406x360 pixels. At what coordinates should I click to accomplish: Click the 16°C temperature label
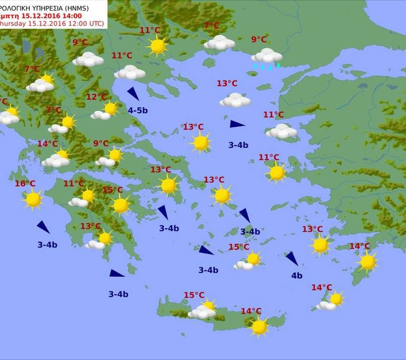point(25,184)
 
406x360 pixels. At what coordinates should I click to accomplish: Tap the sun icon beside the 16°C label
point(33,199)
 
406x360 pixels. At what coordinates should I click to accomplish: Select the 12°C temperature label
point(96,97)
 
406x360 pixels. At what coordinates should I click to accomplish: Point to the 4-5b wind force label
point(138,110)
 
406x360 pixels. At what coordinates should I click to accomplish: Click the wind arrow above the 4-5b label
point(133,94)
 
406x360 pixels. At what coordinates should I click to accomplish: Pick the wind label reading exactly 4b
point(297,276)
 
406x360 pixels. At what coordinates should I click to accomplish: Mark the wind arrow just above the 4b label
point(292,258)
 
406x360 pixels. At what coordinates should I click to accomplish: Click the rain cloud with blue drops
point(267,57)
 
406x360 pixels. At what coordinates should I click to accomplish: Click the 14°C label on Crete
point(251,311)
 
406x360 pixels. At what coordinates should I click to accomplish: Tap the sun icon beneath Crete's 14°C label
point(259,326)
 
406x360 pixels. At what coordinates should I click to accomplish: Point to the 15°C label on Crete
point(194,295)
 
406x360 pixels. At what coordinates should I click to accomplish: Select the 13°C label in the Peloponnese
point(91,226)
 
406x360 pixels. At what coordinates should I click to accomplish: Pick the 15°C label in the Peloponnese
point(112,190)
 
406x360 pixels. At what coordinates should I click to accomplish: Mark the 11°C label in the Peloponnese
point(73,184)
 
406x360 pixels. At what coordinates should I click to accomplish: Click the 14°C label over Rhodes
point(359,246)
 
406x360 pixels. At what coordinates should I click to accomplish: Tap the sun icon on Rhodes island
point(367,262)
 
